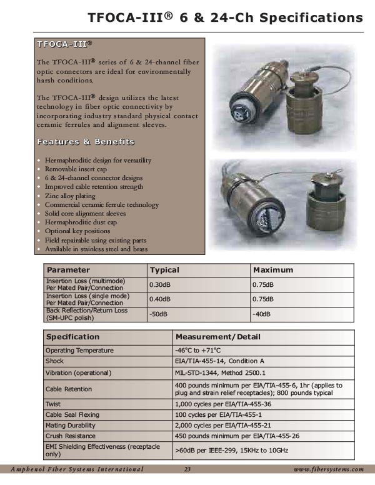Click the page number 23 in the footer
click(x=187, y=469)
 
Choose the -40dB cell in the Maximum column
click(x=262, y=313)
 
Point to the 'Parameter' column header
click(x=68, y=270)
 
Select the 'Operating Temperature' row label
click(x=79, y=350)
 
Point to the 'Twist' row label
click(x=53, y=404)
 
